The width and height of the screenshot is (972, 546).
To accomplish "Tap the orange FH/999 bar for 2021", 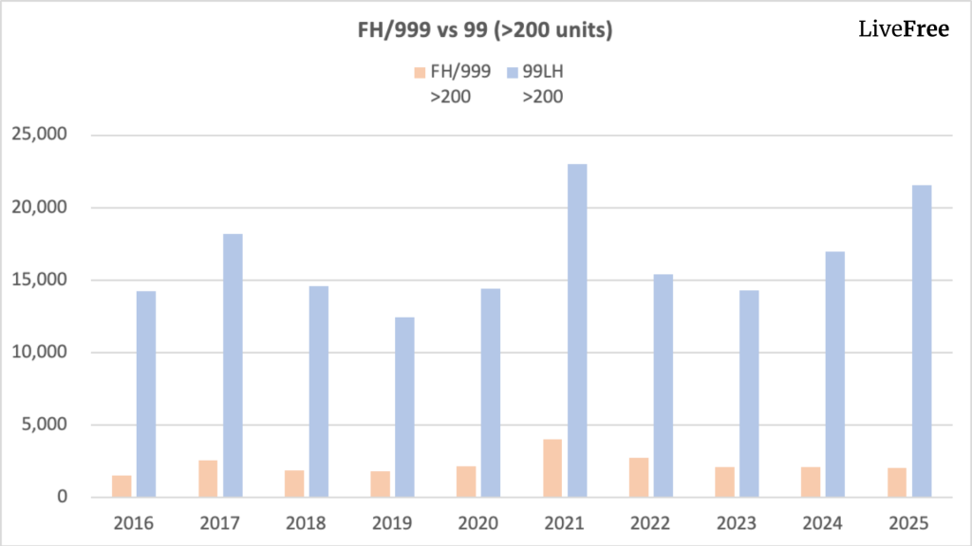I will (x=551, y=467).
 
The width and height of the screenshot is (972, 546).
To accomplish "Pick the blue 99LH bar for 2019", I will (x=404, y=407).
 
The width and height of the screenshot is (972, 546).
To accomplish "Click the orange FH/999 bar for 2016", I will (x=121, y=485).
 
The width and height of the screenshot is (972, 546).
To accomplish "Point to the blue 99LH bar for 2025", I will (x=921, y=340).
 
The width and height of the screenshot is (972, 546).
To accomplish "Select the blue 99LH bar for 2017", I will (x=233, y=365).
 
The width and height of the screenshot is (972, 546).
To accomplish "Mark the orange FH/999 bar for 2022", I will (x=638, y=477).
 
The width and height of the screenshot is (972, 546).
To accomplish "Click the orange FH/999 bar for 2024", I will (x=810, y=482).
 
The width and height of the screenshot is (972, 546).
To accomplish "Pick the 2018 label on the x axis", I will (x=305, y=522).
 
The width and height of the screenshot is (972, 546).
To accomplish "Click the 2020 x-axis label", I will (x=477, y=522).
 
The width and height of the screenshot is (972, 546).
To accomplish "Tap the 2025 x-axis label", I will (x=908, y=522).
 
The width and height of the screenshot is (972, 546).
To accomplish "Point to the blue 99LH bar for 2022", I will (x=663, y=386).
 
